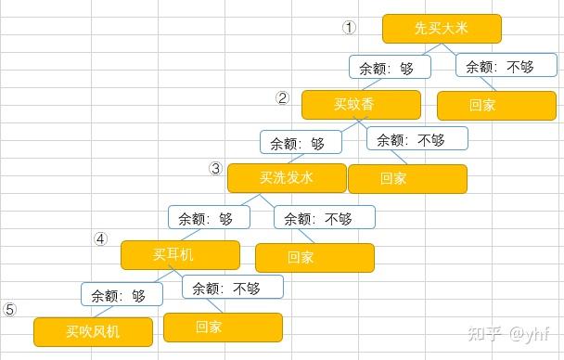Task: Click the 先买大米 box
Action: click(x=442, y=29)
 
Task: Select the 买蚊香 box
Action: click(x=361, y=104)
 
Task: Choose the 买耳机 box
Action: click(x=180, y=253)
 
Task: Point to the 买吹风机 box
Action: click(x=93, y=330)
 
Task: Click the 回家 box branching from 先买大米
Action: click(x=496, y=105)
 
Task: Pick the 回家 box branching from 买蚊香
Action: click(x=407, y=178)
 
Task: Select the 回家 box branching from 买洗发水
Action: click(x=314, y=257)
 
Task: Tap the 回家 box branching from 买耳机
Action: click(x=223, y=327)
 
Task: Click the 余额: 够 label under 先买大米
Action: click(x=390, y=67)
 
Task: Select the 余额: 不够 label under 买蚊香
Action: click(x=417, y=140)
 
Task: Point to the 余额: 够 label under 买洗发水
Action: click(x=209, y=218)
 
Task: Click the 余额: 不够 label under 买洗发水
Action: click(x=325, y=218)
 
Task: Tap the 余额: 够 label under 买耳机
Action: click(x=122, y=295)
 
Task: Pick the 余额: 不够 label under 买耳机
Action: click(x=232, y=288)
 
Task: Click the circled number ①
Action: click(x=349, y=28)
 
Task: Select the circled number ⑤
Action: click(x=10, y=310)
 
